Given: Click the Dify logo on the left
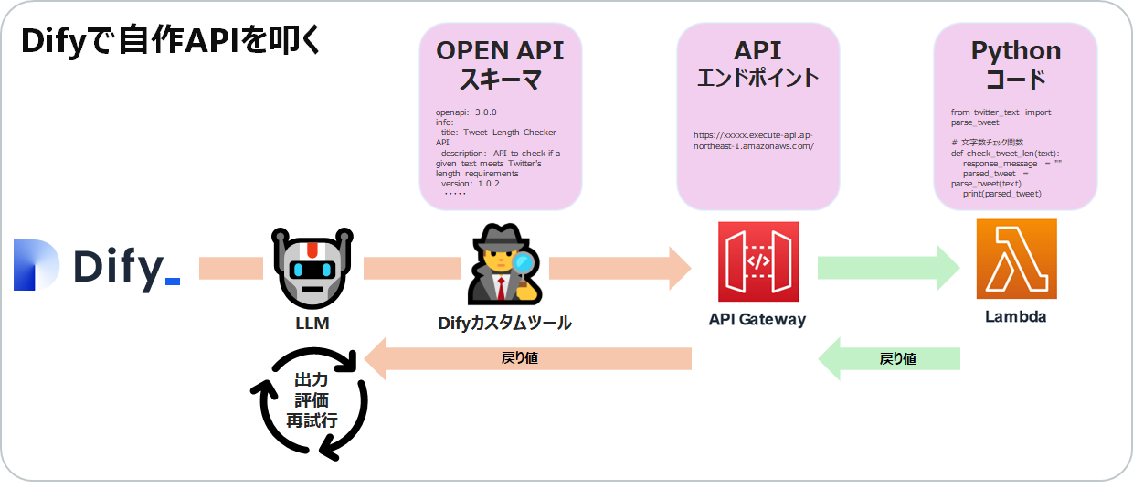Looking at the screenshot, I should pos(96,266).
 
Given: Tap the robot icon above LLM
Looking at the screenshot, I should pos(312,267).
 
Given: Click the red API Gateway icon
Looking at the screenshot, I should pos(757,261).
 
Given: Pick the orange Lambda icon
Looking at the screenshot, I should pos(1016,260).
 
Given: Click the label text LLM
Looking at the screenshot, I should pos(312,324).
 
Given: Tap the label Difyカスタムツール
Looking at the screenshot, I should pos(504,323).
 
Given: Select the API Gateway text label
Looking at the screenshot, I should pos(757,320).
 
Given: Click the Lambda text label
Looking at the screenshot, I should pos(1015,317).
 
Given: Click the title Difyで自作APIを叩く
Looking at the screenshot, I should pos(171,42).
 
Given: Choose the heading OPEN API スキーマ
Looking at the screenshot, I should pos(500,64).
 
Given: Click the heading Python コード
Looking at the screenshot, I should pos(1015,64).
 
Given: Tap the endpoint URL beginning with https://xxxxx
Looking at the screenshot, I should pos(754,140).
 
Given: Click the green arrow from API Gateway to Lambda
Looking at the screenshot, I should pos(886,268).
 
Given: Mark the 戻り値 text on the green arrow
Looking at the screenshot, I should pos(897,359).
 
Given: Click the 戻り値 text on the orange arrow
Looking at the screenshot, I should pos(520,358).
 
